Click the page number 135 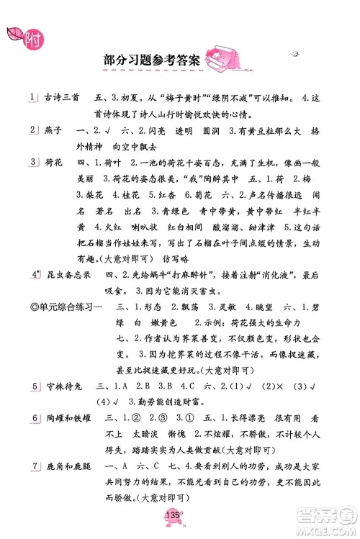click(171, 513)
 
